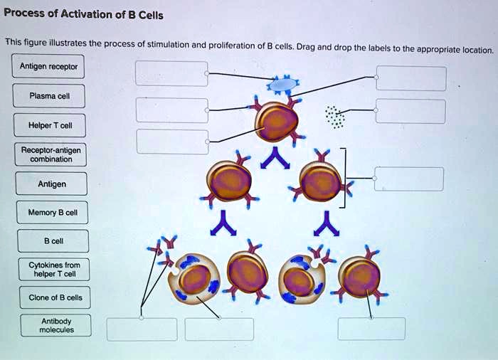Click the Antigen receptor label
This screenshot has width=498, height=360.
pos(49,67)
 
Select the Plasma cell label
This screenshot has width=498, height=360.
pos(49,96)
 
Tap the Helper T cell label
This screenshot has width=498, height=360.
pos(49,125)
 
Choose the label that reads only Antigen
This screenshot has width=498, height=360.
pos(52,184)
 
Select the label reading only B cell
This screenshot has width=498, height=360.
pos(53,240)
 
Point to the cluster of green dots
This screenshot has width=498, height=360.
pos(334,117)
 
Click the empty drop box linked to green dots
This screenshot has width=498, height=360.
pos(410,112)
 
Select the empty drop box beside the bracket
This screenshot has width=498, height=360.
pos(408,179)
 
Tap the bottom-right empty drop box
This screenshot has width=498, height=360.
pos(371,329)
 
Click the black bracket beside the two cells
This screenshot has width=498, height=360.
pos(344,179)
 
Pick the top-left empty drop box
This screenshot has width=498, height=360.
pos(172,73)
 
